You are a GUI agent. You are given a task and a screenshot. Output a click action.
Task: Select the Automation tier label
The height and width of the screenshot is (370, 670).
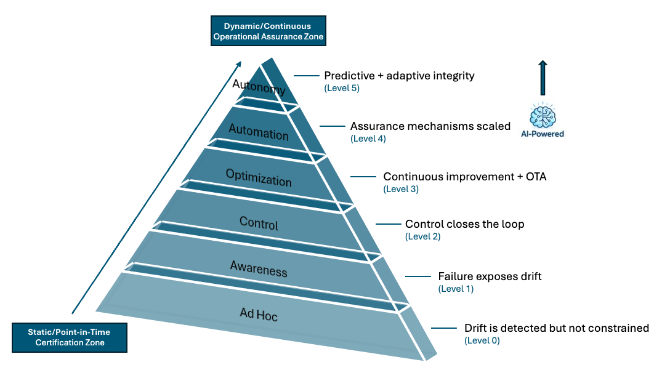point(259,132)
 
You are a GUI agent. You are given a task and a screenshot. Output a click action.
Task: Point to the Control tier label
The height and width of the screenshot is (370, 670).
point(259,224)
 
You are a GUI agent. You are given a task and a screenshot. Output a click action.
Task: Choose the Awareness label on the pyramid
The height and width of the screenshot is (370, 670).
point(259,268)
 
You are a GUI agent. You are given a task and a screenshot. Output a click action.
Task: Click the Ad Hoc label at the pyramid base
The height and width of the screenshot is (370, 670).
point(259,315)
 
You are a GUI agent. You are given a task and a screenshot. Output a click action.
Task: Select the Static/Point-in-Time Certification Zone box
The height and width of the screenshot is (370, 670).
point(69,337)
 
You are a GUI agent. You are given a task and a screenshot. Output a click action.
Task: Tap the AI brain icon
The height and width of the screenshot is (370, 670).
point(543,115)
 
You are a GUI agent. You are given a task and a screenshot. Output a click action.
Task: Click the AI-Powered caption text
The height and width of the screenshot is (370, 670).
point(543,134)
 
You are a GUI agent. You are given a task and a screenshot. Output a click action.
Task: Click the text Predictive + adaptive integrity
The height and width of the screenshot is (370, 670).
point(399,76)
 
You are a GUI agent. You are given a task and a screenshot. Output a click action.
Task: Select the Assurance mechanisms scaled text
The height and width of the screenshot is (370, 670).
point(430,126)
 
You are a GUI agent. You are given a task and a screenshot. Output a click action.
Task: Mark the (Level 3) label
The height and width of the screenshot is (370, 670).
point(401,189)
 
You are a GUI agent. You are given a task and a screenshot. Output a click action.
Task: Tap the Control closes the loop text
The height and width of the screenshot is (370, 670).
point(464,224)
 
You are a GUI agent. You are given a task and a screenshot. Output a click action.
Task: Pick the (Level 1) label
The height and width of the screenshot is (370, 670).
point(456,289)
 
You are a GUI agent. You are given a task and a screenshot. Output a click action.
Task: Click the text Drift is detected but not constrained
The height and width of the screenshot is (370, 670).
point(557,328)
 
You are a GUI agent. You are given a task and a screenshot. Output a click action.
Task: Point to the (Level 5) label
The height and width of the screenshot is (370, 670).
point(342,88)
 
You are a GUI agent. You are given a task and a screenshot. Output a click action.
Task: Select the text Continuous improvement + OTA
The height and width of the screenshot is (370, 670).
point(465,177)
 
